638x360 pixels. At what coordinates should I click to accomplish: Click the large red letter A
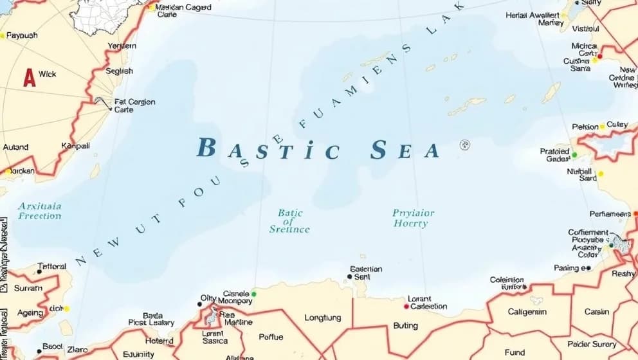point(29,77)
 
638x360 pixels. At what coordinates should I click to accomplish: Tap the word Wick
point(48,74)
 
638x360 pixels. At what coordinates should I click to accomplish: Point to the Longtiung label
point(322,318)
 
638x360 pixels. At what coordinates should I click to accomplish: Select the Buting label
point(405,326)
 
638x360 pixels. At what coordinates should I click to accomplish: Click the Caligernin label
point(527,312)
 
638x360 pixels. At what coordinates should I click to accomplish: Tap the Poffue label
point(270,337)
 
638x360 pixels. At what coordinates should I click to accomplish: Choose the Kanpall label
point(75,146)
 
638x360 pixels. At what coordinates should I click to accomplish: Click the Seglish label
point(119,71)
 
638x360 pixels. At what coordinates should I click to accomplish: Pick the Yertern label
point(122,46)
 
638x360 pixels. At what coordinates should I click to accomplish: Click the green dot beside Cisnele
point(254,294)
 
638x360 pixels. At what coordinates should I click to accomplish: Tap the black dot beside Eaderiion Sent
point(349,277)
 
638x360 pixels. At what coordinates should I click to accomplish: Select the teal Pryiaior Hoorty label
point(413,218)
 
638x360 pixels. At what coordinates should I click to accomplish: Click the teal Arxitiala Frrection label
point(40,211)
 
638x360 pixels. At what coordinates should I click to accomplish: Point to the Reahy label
point(623,273)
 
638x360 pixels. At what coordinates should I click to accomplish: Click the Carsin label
point(596,312)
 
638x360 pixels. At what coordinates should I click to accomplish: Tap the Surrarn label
point(28,288)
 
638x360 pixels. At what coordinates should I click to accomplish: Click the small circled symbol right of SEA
point(464,145)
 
